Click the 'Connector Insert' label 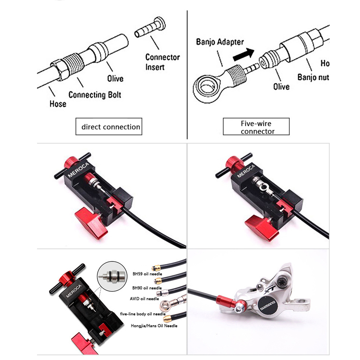[x=162, y=62]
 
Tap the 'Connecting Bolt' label [x=95, y=94]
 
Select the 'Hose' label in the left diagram [x=58, y=104]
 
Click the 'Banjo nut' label [x=313, y=77]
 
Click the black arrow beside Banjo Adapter [x=244, y=54]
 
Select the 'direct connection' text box [x=109, y=126]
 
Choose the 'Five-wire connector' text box [x=256, y=126]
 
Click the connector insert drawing [x=150, y=28]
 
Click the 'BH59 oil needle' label [x=147, y=274]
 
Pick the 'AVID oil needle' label [x=144, y=299]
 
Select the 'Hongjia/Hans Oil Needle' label [x=154, y=326]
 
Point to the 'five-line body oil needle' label [x=143, y=314]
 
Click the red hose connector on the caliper [x=226, y=302]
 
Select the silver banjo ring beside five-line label [x=166, y=305]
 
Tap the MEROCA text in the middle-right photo [x=246, y=171]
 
